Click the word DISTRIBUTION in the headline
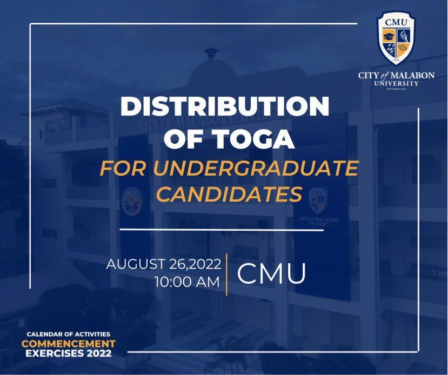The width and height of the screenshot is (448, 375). (x=224, y=106)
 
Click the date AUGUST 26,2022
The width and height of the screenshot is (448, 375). (x=163, y=265)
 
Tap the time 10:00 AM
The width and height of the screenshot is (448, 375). (x=187, y=282)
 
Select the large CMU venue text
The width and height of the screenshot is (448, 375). (x=271, y=273)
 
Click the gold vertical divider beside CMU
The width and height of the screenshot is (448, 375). (x=227, y=273)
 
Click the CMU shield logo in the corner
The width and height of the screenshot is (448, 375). (x=396, y=38)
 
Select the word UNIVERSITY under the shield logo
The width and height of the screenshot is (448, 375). (x=397, y=83)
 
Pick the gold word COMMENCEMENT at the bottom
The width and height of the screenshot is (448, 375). (x=69, y=344)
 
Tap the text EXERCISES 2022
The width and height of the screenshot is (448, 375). (x=69, y=354)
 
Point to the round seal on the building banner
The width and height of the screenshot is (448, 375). (x=131, y=201)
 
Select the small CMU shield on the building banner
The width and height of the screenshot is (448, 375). (x=318, y=200)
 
